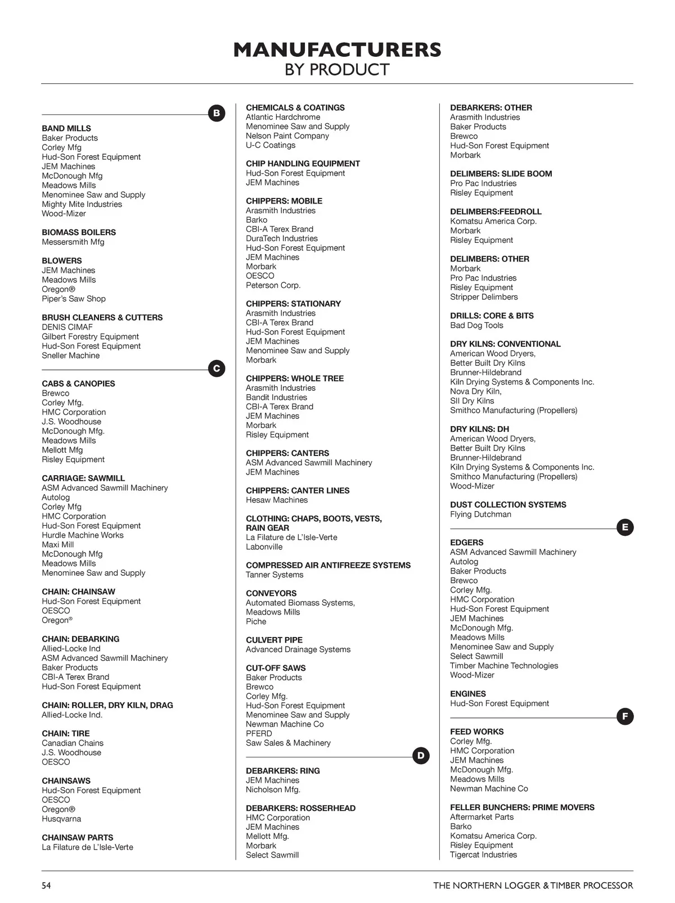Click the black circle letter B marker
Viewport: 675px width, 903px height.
click(x=217, y=113)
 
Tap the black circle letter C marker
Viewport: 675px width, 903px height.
click(x=217, y=369)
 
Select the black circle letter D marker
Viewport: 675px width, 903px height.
click(x=421, y=756)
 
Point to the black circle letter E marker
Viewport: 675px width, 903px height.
click(x=625, y=527)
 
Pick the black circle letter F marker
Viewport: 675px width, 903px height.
click(x=625, y=716)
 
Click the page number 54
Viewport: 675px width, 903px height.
click(x=46, y=886)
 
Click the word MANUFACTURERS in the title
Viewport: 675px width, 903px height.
click(x=337, y=50)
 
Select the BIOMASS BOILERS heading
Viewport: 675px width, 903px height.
click(x=79, y=232)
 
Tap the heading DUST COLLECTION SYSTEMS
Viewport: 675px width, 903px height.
click(x=508, y=504)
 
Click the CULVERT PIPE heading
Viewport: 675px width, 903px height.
click(x=274, y=640)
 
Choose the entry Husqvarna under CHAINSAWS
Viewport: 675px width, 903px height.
click(x=61, y=819)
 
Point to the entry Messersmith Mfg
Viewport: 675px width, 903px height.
click(x=73, y=242)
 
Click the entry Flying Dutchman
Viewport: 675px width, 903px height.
click(x=480, y=514)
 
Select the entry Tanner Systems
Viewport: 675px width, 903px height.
click(x=274, y=575)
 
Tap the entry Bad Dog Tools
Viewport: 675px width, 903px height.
click(x=476, y=325)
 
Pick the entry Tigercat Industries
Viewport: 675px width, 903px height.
click(x=483, y=855)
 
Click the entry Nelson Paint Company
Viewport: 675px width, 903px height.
click(x=287, y=136)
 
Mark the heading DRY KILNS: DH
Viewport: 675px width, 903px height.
click(x=479, y=429)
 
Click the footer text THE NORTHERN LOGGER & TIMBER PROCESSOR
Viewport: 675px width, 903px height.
click(x=533, y=886)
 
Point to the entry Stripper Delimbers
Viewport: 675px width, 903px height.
click(x=484, y=297)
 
